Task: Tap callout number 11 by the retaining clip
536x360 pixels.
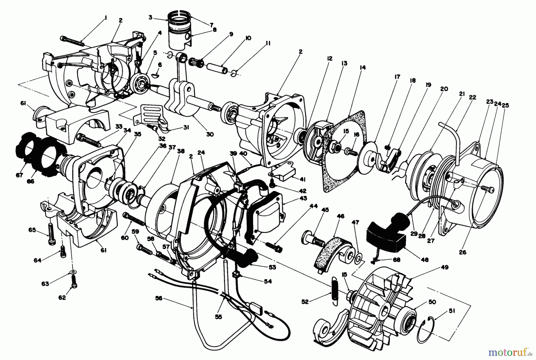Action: click(x=268, y=43)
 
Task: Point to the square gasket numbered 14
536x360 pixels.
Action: click(x=342, y=149)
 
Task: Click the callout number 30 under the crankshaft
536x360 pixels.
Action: click(x=210, y=134)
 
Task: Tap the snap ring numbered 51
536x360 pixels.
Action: click(x=429, y=328)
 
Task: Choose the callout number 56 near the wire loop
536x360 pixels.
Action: click(x=159, y=298)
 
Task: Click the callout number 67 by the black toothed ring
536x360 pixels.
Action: click(x=20, y=176)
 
